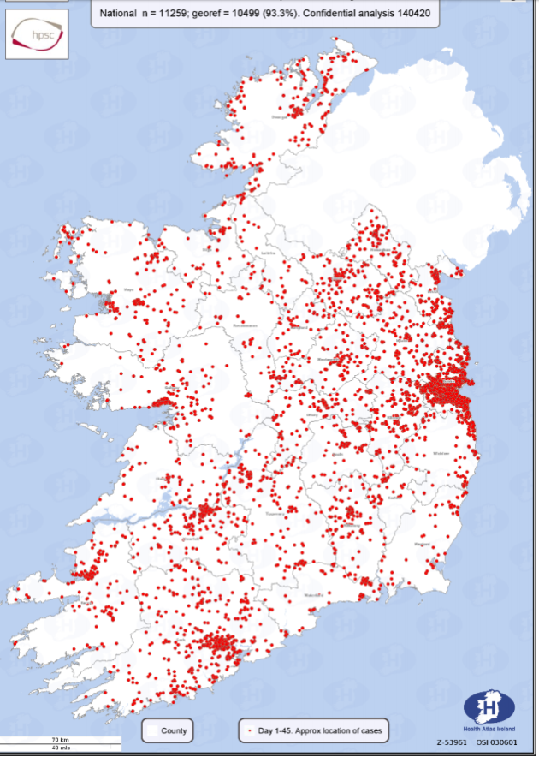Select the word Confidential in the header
pyautogui.click(x=329, y=13)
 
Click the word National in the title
pyautogui.click(x=122, y=13)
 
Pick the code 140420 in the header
pyautogui.click(x=410, y=13)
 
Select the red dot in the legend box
pyautogui.click(x=249, y=731)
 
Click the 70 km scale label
pyautogui.click(x=60, y=740)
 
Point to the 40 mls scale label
pyautogui.click(x=60, y=748)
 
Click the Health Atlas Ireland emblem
pyautogui.click(x=489, y=707)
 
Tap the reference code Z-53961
pyautogui.click(x=451, y=742)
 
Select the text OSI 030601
pyautogui.click(x=497, y=742)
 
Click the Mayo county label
pyautogui.click(x=130, y=289)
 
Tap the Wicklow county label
pyautogui.click(x=441, y=453)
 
